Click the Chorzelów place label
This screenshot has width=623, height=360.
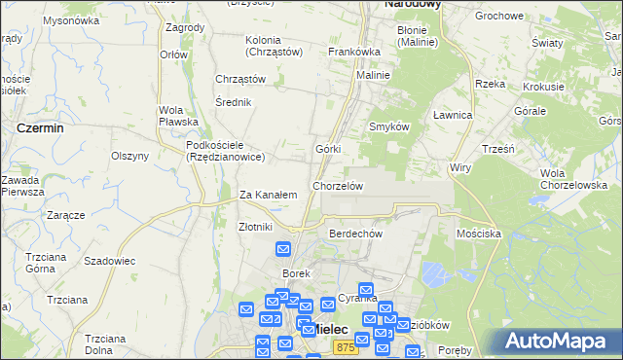pyautogui.click(x=338, y=186)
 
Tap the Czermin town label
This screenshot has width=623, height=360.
pyautogui.click(x=40, y=127)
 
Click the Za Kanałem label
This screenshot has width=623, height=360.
pyautogui.click(x=268, y=195)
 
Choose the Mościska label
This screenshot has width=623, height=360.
pyautogui.click(x=478, y=234)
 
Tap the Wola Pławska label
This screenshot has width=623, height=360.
pyautogui.click(x=178, y=116)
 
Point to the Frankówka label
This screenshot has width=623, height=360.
pyautogui.click(x=354, y=52)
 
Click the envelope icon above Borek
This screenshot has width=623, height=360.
pyautogui.click(x=283, y=249)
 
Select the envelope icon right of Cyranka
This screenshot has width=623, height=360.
pyautogui.click(x=366, y=290)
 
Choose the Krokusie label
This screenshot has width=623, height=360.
pyautogui.click(x=543, y=87)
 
